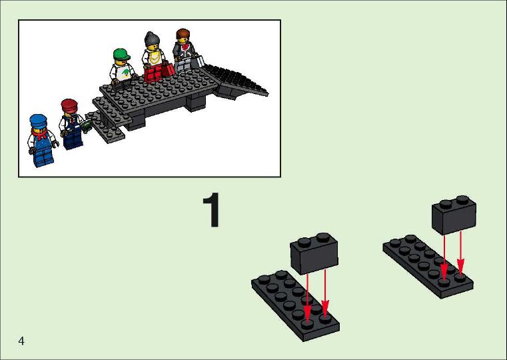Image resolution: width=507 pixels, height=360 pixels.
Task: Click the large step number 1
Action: [212, 210]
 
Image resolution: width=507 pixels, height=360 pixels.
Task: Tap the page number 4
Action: [21, 341]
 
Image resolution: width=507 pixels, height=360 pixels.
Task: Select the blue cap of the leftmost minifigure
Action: [38, 121]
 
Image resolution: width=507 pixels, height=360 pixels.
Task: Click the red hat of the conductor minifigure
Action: [69, 105]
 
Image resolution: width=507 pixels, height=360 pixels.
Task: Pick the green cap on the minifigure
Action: [121, 54]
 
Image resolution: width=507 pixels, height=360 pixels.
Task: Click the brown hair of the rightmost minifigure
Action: [183, 33]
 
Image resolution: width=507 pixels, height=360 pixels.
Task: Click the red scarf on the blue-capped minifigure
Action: [40, 134]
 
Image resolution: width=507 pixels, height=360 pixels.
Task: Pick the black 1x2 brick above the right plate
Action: [454, 215]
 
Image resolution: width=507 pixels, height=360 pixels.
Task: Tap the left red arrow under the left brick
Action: [308, 297]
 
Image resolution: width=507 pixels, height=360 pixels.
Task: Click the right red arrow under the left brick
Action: [325, 292]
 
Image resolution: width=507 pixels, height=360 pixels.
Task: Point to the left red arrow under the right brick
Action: [444, 257]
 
